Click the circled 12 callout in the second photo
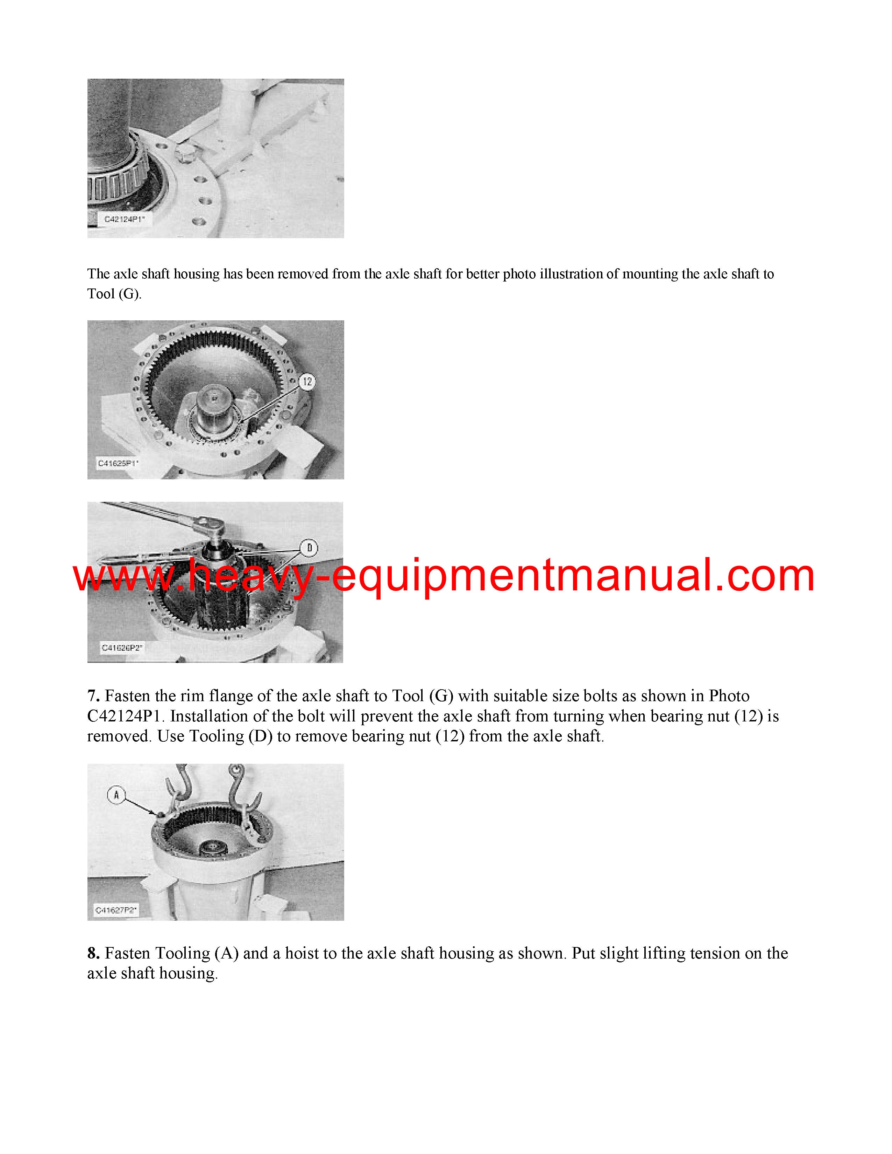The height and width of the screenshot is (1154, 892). (x=307, y=382)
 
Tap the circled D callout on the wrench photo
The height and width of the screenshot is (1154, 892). (x=309, y=548)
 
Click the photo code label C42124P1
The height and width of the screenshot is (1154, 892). (x=125, y=219)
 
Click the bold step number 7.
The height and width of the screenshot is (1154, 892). (x=93, y=696)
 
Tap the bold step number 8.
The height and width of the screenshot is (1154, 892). (x=93, y=953)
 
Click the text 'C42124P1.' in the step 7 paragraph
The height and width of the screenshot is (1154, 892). (x=126, y=716)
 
